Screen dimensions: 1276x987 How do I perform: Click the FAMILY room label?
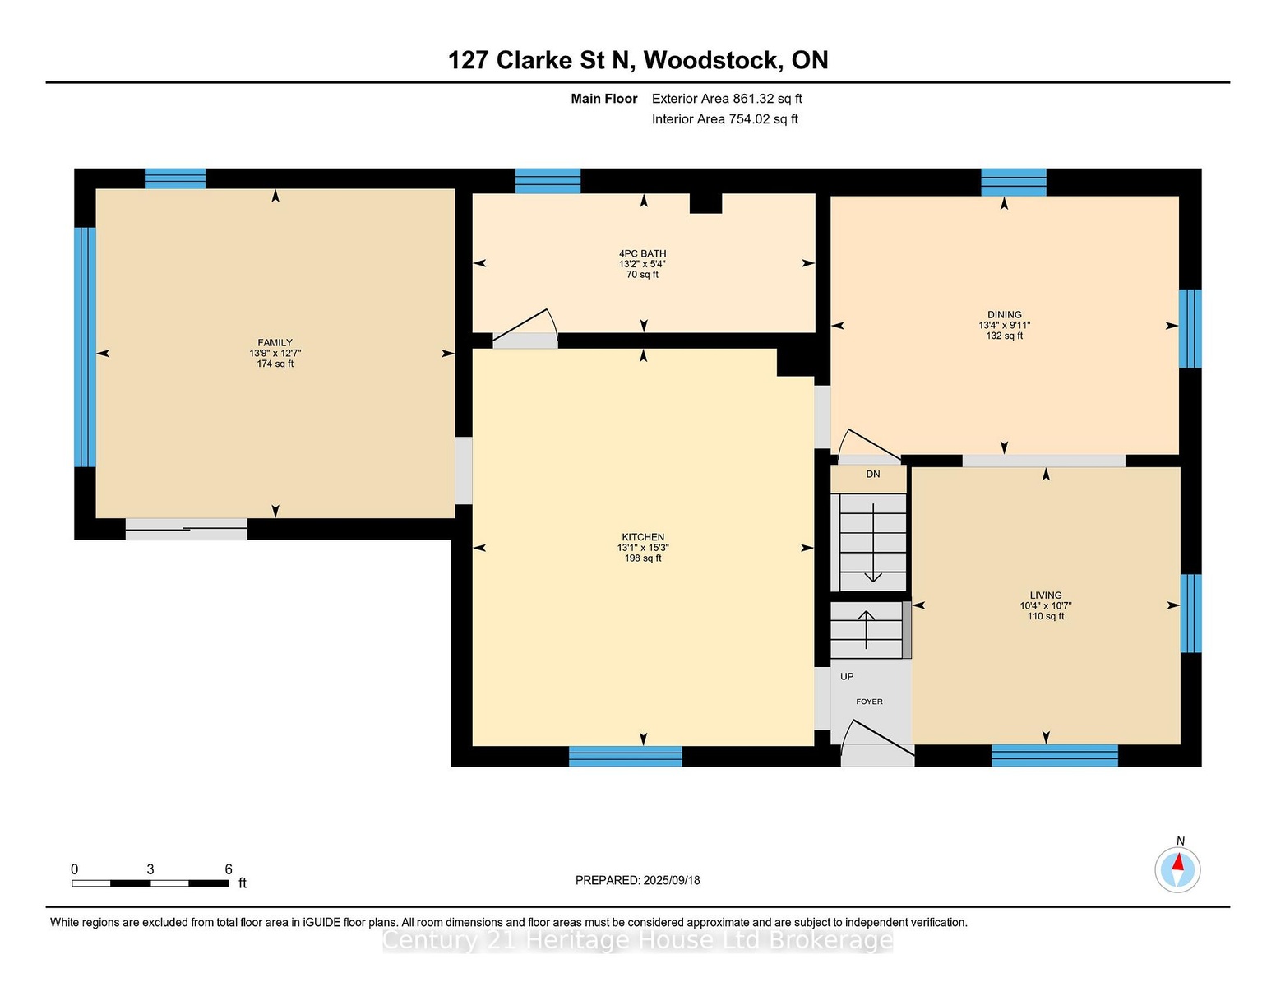[275, 342]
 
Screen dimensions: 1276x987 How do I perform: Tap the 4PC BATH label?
[642, 253]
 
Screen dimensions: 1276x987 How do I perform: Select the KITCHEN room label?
[643, 536]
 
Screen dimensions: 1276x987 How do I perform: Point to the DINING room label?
[1004, 315]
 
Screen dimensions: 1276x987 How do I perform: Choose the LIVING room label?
[1046, 595]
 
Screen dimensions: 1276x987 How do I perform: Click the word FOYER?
[869, 702]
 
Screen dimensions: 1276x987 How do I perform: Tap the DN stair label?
[873, 474]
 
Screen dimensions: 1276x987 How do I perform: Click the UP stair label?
[847, 676]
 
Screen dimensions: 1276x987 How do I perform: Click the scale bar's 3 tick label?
[150, 869]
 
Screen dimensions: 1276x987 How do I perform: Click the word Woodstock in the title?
[714, 61]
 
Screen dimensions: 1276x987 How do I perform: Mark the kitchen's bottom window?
[626, 756]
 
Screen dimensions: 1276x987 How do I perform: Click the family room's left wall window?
[86, 347]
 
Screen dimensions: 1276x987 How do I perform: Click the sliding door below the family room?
[186, 529]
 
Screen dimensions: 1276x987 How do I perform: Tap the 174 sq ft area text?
[275, 364]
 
